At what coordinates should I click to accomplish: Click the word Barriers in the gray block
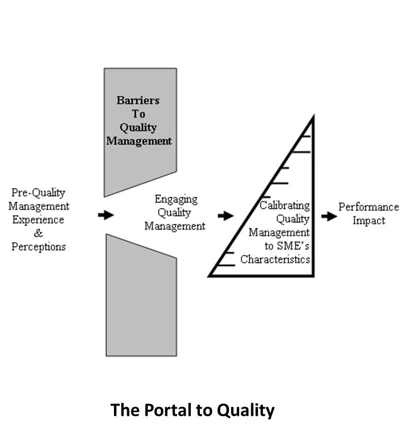138,100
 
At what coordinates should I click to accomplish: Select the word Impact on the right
369,221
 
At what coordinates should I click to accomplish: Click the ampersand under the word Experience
39,234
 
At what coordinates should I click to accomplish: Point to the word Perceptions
39,247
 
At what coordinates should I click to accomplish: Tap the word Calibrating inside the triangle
284,206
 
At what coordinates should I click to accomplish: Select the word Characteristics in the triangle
275,259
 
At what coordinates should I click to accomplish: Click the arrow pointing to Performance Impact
329,216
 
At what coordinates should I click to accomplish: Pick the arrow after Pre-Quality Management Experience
106,215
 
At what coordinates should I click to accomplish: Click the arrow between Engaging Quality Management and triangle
225,216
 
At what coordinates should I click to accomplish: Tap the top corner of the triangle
313,118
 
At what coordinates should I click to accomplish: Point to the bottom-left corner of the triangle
210,275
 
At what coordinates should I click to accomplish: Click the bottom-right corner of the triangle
313,275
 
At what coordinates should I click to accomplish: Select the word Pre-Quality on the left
39,193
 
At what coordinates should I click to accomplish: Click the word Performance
369,207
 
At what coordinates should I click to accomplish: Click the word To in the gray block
138,114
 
